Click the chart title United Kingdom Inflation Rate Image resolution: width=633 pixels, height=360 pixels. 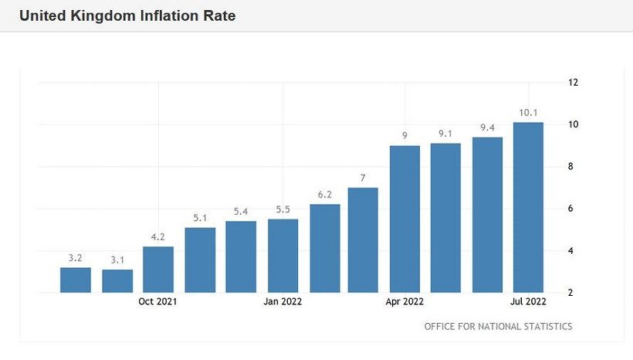pyautogui.click(x=127, y=15)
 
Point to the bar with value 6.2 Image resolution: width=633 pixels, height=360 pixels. pyautogui.click(x=324, y=248)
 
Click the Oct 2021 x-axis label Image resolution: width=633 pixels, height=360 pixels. pyautogui.click(x=158, y=302)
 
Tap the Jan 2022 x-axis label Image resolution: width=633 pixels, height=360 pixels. pyautogui.click(x=283, y=302)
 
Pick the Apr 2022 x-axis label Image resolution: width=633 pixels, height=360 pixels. pyautogui.click(x=405, y=302)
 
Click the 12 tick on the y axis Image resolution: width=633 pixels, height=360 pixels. pyautogui.click(x=573, y=83)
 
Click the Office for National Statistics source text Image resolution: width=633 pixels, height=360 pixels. pyautogui.click(x=498, y=326)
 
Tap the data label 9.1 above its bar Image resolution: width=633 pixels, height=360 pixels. pyautogui.click(x=445, y=134)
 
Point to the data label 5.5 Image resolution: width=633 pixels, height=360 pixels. pyautogui.click(x=283, y=209)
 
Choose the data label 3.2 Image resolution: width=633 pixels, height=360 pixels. pyautogui.click(x=76, y=258)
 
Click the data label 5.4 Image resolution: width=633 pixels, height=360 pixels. pyautogui.click(x=241, y=212)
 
